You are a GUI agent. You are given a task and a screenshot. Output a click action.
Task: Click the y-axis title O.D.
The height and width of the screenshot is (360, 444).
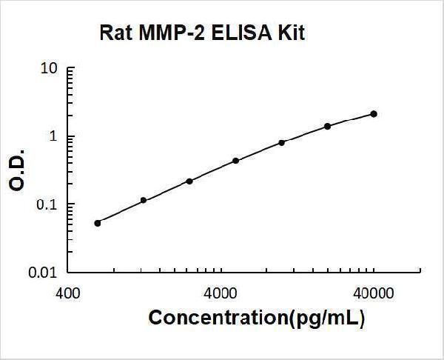click(x=17, y=171)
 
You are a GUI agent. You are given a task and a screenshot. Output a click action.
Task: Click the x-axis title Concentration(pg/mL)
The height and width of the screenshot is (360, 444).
click(x=257, y=318)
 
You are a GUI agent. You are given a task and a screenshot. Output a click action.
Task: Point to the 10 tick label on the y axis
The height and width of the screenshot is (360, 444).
click(x=50, y=69)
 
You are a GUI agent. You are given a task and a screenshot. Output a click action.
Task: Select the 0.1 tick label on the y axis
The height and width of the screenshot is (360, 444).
click(x=47, y=204)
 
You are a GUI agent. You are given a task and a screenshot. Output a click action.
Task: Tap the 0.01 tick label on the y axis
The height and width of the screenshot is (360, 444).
click(x=44, y=273)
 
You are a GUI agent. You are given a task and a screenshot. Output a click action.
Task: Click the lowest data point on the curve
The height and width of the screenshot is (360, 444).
click(x=98, y=222)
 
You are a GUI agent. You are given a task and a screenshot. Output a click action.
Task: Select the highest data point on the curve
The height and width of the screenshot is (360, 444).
click(x=374, y=114)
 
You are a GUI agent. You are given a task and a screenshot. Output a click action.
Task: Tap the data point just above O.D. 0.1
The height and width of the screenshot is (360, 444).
click(x=144, y=200)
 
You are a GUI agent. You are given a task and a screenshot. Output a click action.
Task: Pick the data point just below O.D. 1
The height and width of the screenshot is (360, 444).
click(x=282, y=142)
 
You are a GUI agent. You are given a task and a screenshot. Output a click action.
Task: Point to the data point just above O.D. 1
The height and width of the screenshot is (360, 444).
click(x=328, y=126)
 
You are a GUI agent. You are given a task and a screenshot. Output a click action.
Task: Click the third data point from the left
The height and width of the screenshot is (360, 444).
click(x=189, y=181)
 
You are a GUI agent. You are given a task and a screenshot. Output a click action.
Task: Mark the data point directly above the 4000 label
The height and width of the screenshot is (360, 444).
click(x=235, y=161)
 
